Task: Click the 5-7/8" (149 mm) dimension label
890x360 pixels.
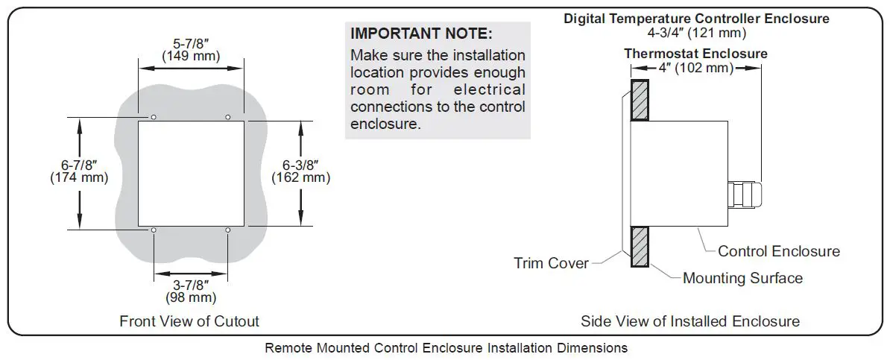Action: (x=189, y=49)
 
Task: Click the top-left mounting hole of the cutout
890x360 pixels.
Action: (x=153, y=118)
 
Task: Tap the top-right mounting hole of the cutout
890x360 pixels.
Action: (x=228, y=118)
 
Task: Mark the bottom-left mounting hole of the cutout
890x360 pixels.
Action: (x=153, y=230)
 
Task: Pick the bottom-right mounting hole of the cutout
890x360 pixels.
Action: (x=228, y=230)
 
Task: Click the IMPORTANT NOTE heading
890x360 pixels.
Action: (x=421, y=34)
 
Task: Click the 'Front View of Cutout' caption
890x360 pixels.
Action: (x=189, y=321)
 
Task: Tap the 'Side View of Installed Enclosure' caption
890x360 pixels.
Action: (x=690, y=321)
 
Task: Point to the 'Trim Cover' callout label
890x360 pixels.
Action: (x=551, y=262)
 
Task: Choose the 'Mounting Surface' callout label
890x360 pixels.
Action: (x=742, y=278)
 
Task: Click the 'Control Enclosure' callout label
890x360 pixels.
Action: (x=778, y=251)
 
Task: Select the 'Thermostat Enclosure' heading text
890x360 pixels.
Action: (x=695, y=54)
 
